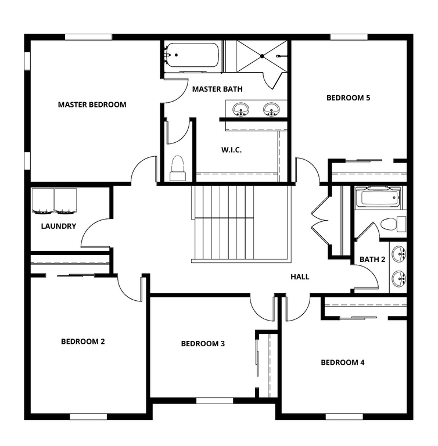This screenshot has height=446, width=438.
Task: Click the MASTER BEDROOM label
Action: pos(92,105)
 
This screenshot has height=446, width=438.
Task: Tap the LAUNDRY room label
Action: pos(58,226)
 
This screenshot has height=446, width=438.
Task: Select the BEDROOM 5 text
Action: pos(348,98)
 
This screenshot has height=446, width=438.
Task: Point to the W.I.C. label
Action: pos(231,150)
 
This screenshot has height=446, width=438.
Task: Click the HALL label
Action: pos(300,277)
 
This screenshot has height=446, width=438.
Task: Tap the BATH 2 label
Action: pos(372,259)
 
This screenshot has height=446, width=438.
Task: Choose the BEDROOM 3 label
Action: pos(203,344)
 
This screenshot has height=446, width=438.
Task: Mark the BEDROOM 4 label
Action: pos(343,362)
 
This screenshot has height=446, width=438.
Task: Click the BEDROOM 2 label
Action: pos(82,341)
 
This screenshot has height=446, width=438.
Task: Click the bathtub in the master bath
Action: pos(192,56)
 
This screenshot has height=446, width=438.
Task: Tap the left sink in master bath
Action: pos(240,109)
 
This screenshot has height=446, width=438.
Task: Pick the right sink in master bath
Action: pos(271,109)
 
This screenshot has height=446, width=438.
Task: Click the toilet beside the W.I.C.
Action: pos(177,167)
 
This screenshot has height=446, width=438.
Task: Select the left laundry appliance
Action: pos(42,200)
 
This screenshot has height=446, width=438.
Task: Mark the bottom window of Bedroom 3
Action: pos(214,400)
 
